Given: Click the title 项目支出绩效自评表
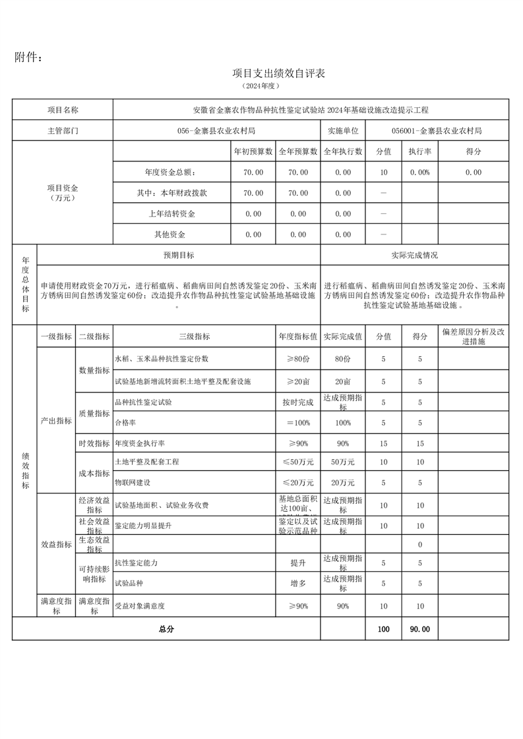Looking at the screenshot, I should [x=279, y=73].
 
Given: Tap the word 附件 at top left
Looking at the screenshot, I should [x=28, y=57].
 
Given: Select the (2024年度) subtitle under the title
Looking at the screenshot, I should [x=261, y=86].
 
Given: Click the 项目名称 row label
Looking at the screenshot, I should [x=63, y=110].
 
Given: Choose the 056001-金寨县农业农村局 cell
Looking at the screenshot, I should [x=436, y=130].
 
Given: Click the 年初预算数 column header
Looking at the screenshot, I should [x=253, y=151].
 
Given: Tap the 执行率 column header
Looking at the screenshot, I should [x=419, y=151].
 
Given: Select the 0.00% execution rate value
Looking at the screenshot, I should [x=419, y=173].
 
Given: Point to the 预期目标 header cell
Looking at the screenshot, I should [x=179, y=255].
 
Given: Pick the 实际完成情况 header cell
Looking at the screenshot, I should [x=414, y=255].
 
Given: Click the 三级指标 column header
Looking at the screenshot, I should [x=195, y=337].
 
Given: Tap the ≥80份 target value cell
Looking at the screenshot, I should [x=298, y=359].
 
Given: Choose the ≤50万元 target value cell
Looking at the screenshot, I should [x=298, y=462].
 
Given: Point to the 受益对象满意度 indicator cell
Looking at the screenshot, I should [x=140, y=605].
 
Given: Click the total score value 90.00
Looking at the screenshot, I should [x=419, y=629].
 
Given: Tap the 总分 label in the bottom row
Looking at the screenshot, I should [x=166, y=629].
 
